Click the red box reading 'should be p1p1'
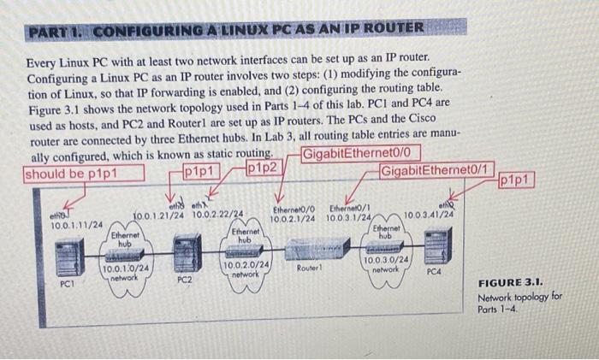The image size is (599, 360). tap(71, 174)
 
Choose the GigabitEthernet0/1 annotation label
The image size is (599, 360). tap(437, 169)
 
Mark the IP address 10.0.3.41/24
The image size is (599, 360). tap(427, 214)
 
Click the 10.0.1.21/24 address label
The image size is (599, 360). tap(160, 214)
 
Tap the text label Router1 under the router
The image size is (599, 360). tap(309, 268)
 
